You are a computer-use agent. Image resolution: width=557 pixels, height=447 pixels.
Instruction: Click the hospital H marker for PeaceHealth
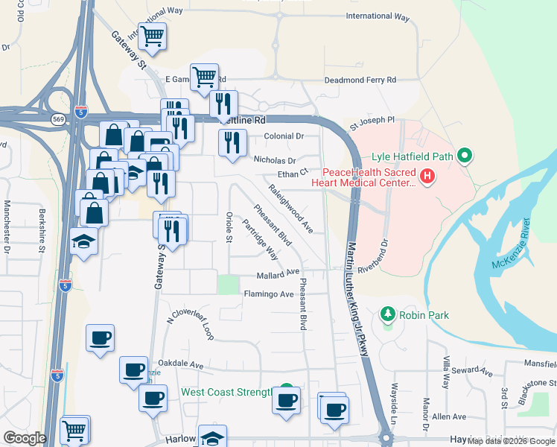tap(427, 177)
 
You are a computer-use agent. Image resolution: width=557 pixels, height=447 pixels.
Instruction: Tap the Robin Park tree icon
tap(387, 314)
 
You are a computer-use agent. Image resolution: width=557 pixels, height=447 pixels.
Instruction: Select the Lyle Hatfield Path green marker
tap(465, 156)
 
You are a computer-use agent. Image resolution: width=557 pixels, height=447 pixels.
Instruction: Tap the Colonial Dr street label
tap(284, 136)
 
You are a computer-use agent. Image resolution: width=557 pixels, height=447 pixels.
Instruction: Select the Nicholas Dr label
tap(275, 159)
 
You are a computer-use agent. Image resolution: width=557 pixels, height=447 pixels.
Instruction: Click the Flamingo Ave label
tap(269, 294)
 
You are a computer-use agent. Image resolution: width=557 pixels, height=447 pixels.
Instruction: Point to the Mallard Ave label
tap(277, 273)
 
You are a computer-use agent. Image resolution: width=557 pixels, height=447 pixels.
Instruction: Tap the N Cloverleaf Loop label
tap(191, 325)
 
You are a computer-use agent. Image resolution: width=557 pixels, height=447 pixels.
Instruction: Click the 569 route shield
tap(57, 119)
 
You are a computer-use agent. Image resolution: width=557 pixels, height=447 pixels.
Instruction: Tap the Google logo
tap(25, 438)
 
